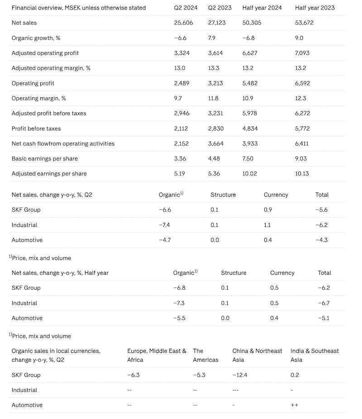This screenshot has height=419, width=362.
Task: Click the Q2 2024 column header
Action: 186,8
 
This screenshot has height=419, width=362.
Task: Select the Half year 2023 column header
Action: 314,8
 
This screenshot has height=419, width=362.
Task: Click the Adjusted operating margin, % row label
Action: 51,68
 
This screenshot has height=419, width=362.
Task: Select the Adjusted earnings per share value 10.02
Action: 250,173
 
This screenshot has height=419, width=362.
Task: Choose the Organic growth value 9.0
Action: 299,38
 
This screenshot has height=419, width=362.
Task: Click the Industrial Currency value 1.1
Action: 267,225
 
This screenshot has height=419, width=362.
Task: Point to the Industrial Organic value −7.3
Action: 180,303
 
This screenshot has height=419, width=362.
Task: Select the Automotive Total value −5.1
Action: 324,318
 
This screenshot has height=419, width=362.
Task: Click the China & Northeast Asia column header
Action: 257,355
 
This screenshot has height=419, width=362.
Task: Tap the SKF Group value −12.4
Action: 240,375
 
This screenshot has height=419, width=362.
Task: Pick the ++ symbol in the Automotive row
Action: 294,405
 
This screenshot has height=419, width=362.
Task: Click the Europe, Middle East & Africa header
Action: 157,355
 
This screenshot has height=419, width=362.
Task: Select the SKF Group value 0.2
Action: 295,375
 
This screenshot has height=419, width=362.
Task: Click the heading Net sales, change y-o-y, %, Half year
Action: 60,273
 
